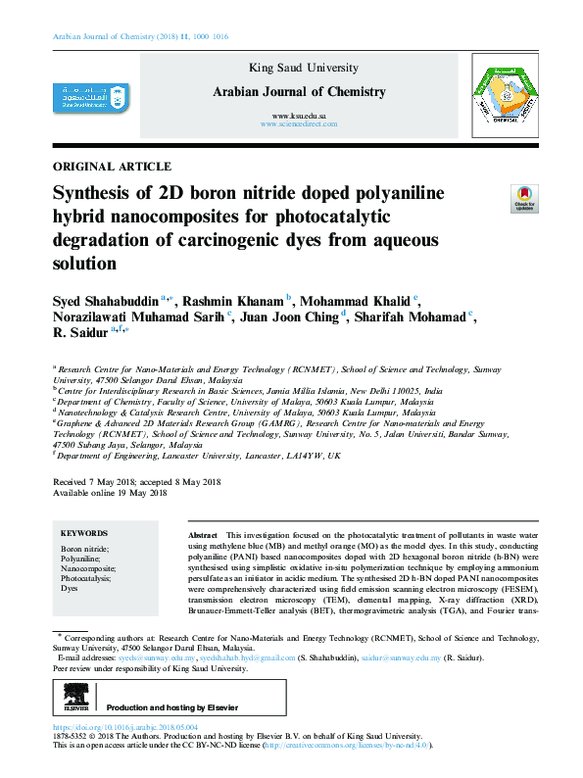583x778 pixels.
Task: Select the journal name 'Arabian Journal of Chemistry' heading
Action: click(299, 92)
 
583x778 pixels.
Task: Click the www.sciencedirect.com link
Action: click(299, 125)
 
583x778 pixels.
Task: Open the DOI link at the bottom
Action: click(124, 728)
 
